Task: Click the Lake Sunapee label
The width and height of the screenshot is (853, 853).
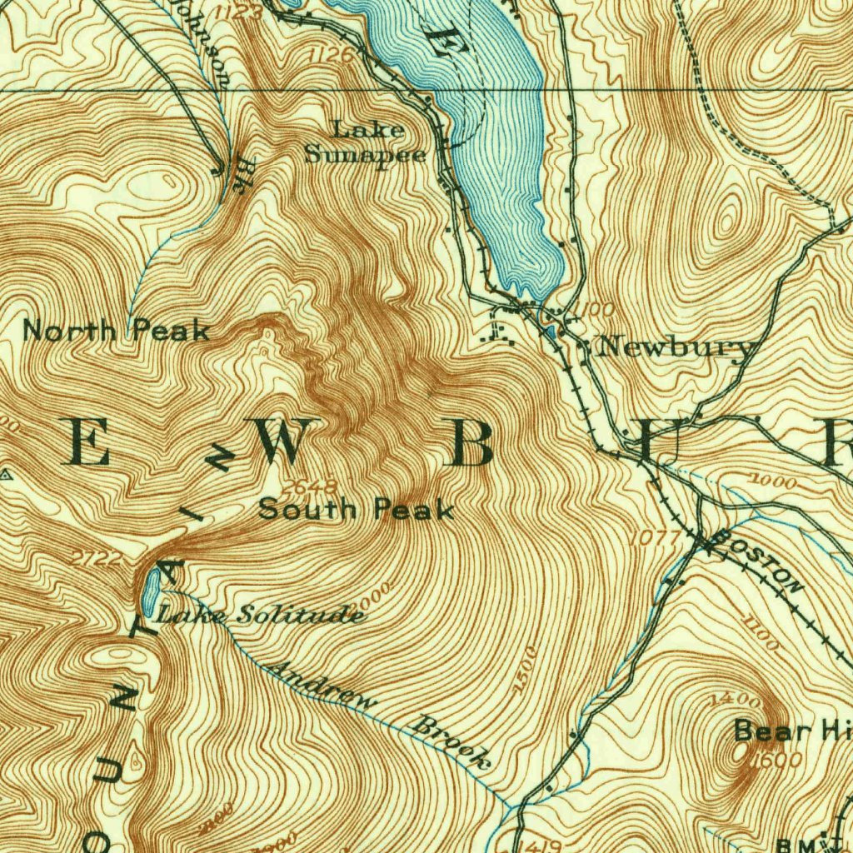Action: [x=367, y=142]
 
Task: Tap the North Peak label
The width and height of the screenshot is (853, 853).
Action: [x=116, y=331]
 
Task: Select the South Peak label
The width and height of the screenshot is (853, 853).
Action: [x=357, y=510]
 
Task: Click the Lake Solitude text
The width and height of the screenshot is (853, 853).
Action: [x=261, y=616]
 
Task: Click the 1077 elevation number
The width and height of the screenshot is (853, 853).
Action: [x=656, y=539]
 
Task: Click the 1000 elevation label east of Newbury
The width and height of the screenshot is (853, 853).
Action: [x=774, y=481]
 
